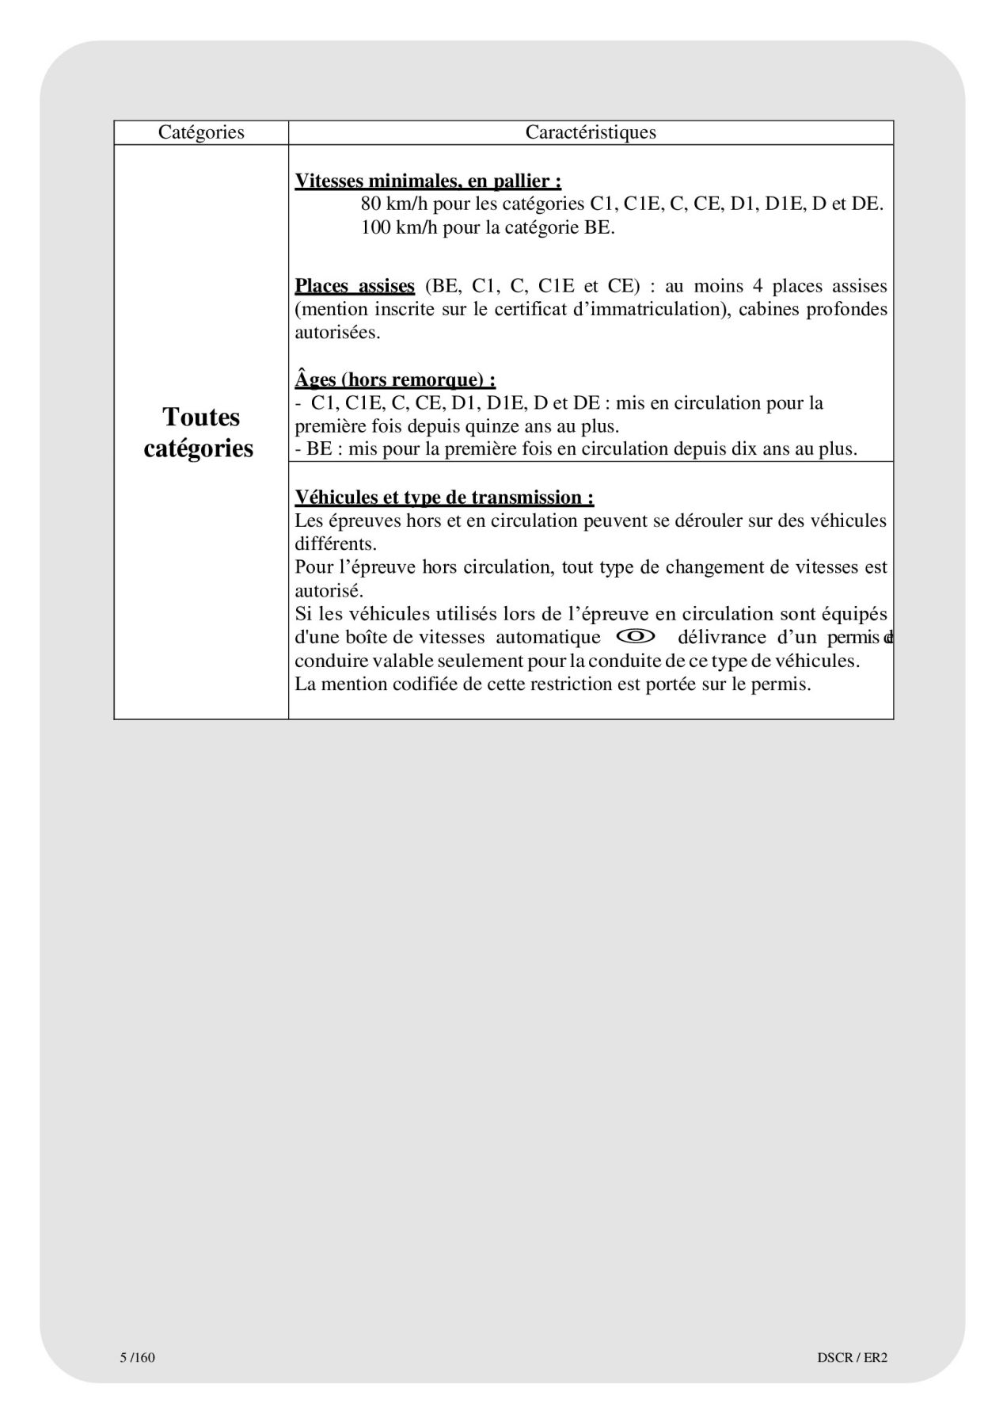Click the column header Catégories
[201, 132]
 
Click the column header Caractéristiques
[591, 132]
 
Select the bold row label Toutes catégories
[199, 433]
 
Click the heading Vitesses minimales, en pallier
[428, 181]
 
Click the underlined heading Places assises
[355, 286]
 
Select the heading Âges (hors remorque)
[395, 380]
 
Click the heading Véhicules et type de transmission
[444, 498]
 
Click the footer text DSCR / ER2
[852, 1357]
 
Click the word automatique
[548, 638]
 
